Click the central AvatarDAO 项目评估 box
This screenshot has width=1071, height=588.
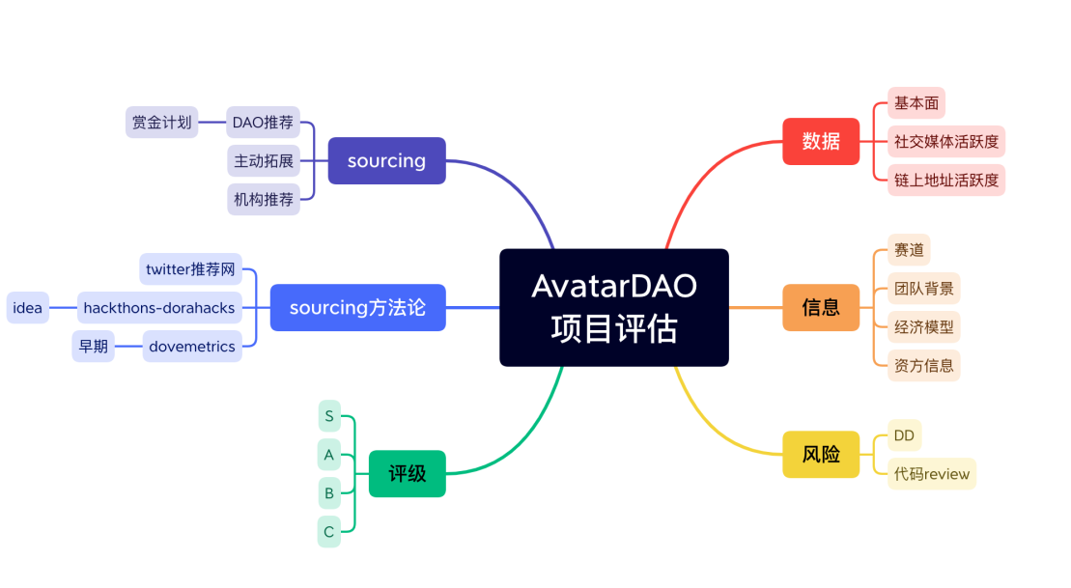tap(614, 307)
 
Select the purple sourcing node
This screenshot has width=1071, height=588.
tap(386, 160)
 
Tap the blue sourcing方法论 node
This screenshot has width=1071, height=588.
tap(358, 307)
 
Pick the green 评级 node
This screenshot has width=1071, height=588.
tap(408, 473)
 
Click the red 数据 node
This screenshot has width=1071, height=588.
tap(821, 141)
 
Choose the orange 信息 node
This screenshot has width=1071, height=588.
tap(821, 307)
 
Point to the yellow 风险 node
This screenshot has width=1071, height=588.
tap(821, 454)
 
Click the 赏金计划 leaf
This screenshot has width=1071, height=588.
tap(162, 123)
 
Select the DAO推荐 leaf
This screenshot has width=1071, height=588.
tap(263, 123)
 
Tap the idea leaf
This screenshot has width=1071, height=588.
tap(28, 307)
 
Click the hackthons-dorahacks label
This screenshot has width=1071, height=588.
tap(159, 307)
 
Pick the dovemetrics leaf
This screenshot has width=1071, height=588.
tap(192, 347)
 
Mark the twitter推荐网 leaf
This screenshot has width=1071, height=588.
tap(190, 269)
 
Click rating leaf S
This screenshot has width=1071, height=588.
tap(329, 416)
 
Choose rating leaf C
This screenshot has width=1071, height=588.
tap(329, 531)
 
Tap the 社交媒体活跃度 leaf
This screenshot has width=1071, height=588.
tap(946, 141)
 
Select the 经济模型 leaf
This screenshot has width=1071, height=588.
tap(923, 327)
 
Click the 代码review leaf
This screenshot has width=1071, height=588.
tap(932, 474)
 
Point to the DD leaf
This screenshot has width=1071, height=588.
tap(904, 435)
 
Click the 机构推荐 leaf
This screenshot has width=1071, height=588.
tap(264, 200)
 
